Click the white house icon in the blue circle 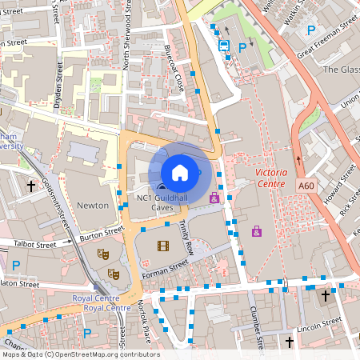180,172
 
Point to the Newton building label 92,205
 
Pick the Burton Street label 102,234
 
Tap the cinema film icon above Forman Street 163,246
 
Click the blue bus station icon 226,46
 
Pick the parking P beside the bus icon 242,47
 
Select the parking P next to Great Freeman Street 311,30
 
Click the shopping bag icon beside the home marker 214,197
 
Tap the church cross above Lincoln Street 325,296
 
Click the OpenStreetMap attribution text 80,354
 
